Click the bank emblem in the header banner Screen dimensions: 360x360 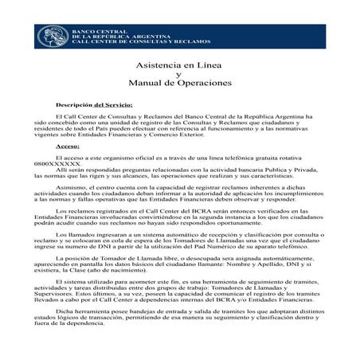pyautogui.click(x=53, y=37)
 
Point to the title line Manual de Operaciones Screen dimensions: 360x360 pyautogui.click(x=179, y=82)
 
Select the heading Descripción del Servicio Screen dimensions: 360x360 pyautogui.click(x=94, y=104)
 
